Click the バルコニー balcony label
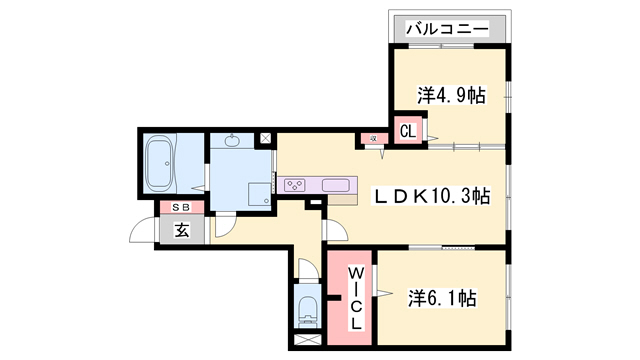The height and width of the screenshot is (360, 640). coord(447,29)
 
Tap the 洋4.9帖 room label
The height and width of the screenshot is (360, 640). coord(451,96)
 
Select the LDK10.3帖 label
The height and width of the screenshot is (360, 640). coord(432,196)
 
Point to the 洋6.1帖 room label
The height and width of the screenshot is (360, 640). coord(441,298)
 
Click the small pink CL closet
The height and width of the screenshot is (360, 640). coord(408,130)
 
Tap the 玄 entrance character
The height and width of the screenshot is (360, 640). coord(182,230)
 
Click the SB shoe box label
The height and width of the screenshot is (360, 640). coord(182,207)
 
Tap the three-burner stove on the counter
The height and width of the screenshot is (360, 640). coord(297,184)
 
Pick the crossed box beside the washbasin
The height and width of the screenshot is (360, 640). coord(265,139)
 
